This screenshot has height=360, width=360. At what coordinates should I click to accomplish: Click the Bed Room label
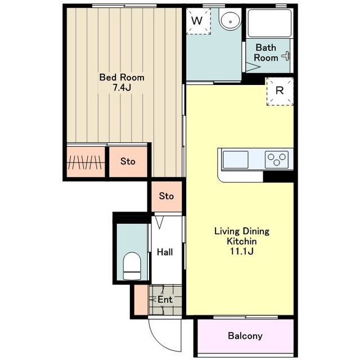[x=121, y=78]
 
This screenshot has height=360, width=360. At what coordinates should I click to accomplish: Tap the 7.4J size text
[x=121, y=88]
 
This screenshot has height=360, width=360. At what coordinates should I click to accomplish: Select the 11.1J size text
[x=242, y=251]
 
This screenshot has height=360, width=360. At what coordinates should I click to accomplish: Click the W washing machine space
[x=199, y=21]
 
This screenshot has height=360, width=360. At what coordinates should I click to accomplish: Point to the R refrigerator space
[x=280, y=91]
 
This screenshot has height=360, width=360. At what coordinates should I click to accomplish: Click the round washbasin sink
[x=230, y=19]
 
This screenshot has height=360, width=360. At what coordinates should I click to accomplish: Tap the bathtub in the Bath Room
[x=269, y=23]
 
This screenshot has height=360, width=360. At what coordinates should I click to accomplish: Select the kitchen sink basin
[x=235, y=160]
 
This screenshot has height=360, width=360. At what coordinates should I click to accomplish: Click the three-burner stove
[x=277, y=159]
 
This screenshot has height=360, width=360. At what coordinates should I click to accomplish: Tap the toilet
[x=132, y=266]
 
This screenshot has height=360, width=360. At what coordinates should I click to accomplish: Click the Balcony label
[x=245, y=336]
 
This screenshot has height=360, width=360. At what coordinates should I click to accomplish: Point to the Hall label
[x=165, y=252]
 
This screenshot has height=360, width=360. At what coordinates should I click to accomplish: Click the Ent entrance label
[x=165, y=299]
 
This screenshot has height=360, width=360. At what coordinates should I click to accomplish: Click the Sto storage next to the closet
[x=128, y=161]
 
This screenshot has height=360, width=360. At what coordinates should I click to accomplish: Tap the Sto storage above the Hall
[x=166, y=196]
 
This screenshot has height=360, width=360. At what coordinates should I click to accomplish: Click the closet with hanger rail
[x=85, y=162]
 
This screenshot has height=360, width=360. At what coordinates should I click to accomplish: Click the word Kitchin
[x=241, y=241]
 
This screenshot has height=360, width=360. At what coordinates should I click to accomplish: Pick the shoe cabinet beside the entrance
[x=141, y=300]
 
